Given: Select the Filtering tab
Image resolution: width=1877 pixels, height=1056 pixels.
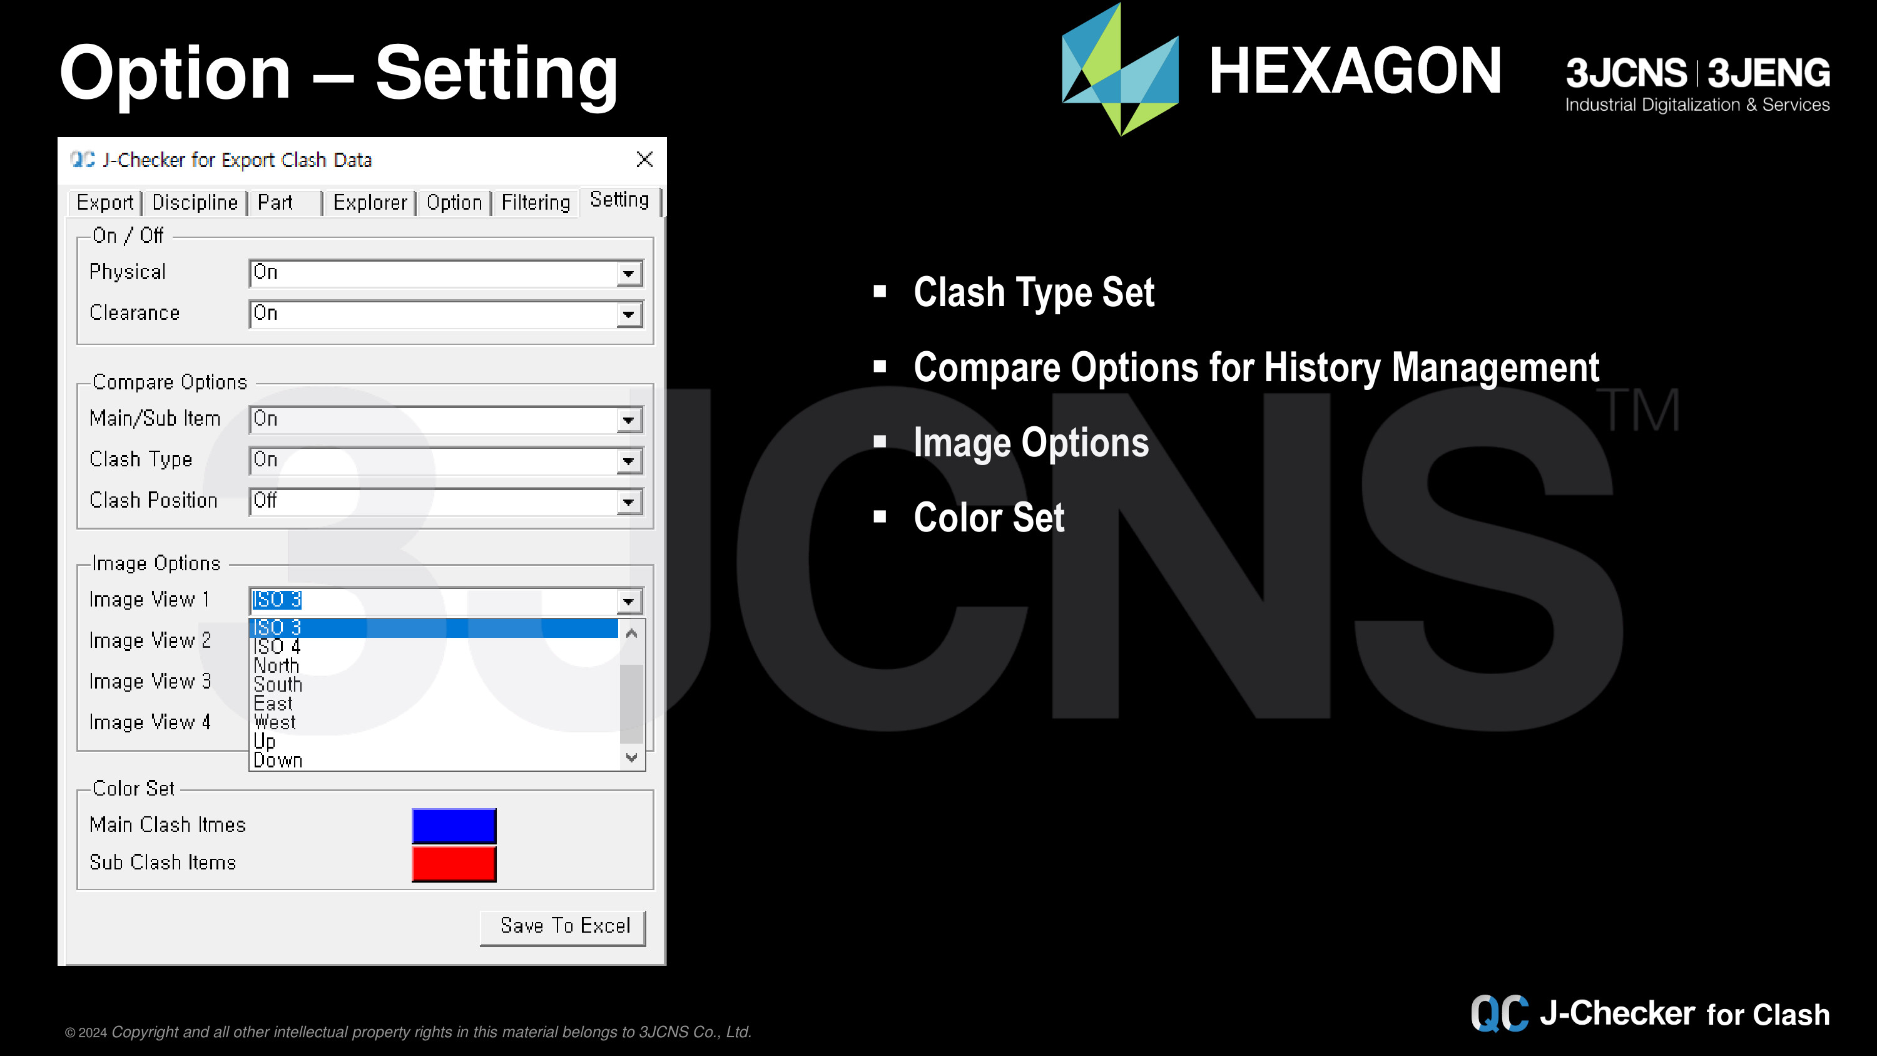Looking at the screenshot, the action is (536, 203).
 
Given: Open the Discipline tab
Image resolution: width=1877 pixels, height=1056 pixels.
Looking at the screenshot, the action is (195, 203).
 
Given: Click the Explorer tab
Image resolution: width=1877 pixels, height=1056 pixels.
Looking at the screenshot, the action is (369, 203).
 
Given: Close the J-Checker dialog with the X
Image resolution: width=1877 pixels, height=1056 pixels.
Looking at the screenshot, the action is (644, 160).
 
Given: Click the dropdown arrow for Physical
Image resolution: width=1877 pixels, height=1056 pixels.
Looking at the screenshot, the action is (628, 274).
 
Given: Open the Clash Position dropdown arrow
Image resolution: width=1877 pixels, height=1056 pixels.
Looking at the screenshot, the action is (628, 502).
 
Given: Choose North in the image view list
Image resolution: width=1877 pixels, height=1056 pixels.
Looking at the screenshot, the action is (276, 665).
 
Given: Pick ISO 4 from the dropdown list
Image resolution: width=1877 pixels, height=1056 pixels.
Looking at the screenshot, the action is (277, 647).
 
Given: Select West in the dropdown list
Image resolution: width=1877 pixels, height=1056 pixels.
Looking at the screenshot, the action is (275, 722).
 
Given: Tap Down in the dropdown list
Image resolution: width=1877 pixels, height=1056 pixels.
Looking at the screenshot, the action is (278, 760).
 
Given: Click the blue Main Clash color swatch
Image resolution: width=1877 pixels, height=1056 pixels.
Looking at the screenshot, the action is (454, 826).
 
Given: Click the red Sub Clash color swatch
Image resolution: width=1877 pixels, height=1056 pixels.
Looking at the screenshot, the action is (454, 864).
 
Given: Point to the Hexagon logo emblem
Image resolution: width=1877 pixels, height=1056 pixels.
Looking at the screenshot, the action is (1120, 69).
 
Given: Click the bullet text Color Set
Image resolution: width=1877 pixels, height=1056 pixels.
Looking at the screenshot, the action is (989, 518).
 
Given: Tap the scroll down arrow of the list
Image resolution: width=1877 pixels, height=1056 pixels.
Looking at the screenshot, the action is (632, 757).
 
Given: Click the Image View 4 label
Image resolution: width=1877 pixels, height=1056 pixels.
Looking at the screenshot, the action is (150, 722).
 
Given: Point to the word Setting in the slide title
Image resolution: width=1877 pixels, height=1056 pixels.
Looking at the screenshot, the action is (496, 73).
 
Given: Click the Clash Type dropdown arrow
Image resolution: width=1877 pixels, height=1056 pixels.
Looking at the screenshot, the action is (628, 461).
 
